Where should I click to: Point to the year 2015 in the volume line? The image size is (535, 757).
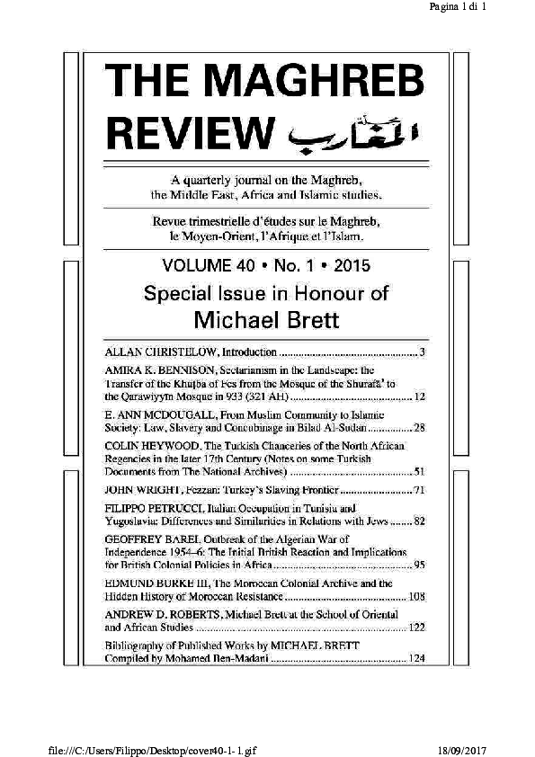pyautogui.click(x=348, y=266)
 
